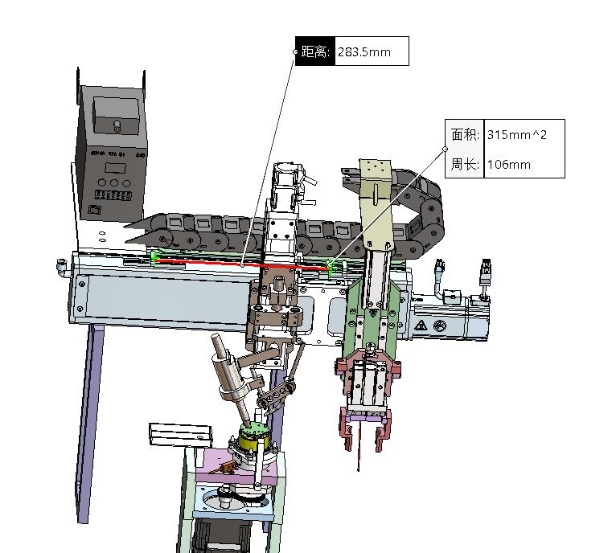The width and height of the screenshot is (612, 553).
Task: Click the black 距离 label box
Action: [x=313, y=51]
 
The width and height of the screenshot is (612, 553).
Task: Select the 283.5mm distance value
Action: [x=364, y=52]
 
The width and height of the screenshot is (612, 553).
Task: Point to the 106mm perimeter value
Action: [x=509, y=165]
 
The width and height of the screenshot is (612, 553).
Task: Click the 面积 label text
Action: [x=464, y=134]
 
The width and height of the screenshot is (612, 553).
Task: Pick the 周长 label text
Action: [x=464, y=165]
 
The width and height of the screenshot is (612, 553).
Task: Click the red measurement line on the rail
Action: [x=241, y=263]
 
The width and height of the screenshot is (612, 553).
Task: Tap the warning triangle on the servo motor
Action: [x=420, y=326]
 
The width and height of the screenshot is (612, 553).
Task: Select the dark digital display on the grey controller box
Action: [x=117, y=167]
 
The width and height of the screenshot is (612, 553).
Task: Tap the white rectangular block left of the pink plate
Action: [x=179, y=434]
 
